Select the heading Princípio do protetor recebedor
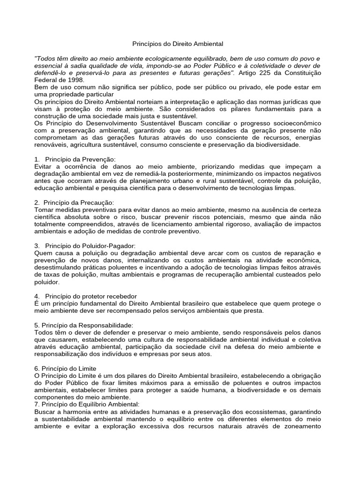[x=91, y=296]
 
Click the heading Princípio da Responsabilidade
[x=84, y=325]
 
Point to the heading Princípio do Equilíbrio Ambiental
[x=87, y=405]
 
